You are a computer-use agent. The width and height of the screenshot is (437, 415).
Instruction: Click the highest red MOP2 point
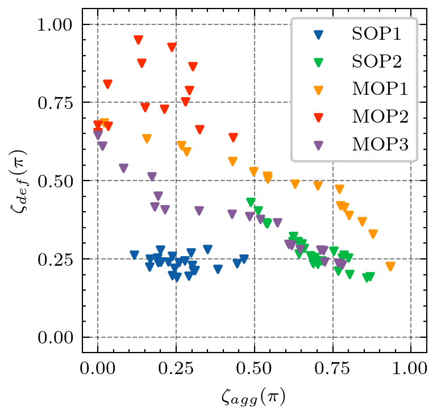(138, 40)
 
